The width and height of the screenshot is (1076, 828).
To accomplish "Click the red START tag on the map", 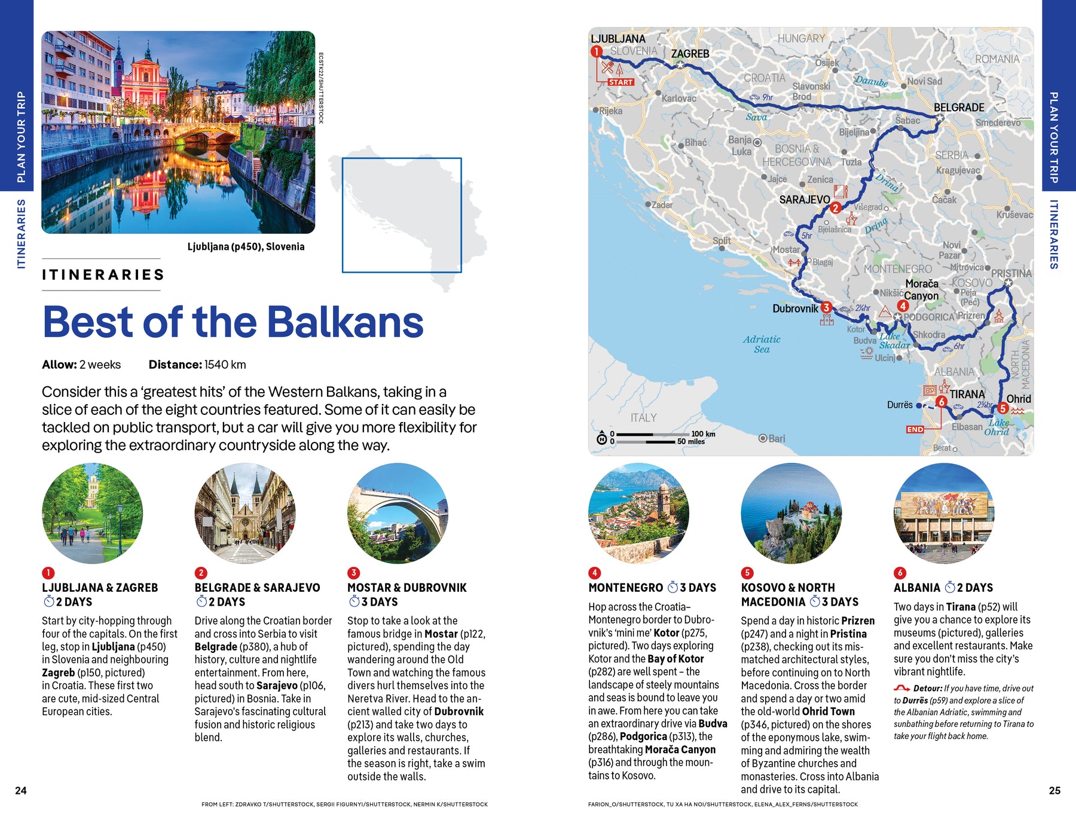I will (x=620, y=82).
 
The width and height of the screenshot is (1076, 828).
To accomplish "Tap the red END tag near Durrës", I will (x=915, y=429).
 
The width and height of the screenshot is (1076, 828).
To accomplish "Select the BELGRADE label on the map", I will (x=959, y=108).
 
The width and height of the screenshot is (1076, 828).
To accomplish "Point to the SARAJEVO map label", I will (x=804, y=200).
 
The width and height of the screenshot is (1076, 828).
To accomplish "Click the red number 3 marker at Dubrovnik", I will (x=826, y=307).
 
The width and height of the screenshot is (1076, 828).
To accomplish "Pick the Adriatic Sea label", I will (x=762, y=344).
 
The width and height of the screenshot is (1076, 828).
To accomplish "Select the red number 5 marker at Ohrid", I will (x=1003, y=408).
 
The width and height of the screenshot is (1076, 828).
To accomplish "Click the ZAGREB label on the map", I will (x=690, y=54).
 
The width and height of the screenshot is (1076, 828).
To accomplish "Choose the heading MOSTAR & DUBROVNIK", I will (x=406, y=588).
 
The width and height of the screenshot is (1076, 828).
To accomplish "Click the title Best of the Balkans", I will (x=233, y=322).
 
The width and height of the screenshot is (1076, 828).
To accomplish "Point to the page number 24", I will (x=21, y=790).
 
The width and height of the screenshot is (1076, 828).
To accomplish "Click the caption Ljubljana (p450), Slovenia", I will (x=246, y=246).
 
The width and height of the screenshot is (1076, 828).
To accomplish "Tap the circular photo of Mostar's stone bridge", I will (x=398, y=513).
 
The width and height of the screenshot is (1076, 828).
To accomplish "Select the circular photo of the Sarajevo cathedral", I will (x=245, y=513).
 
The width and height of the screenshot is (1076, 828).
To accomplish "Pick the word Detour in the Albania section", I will (x=927, y=688).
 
